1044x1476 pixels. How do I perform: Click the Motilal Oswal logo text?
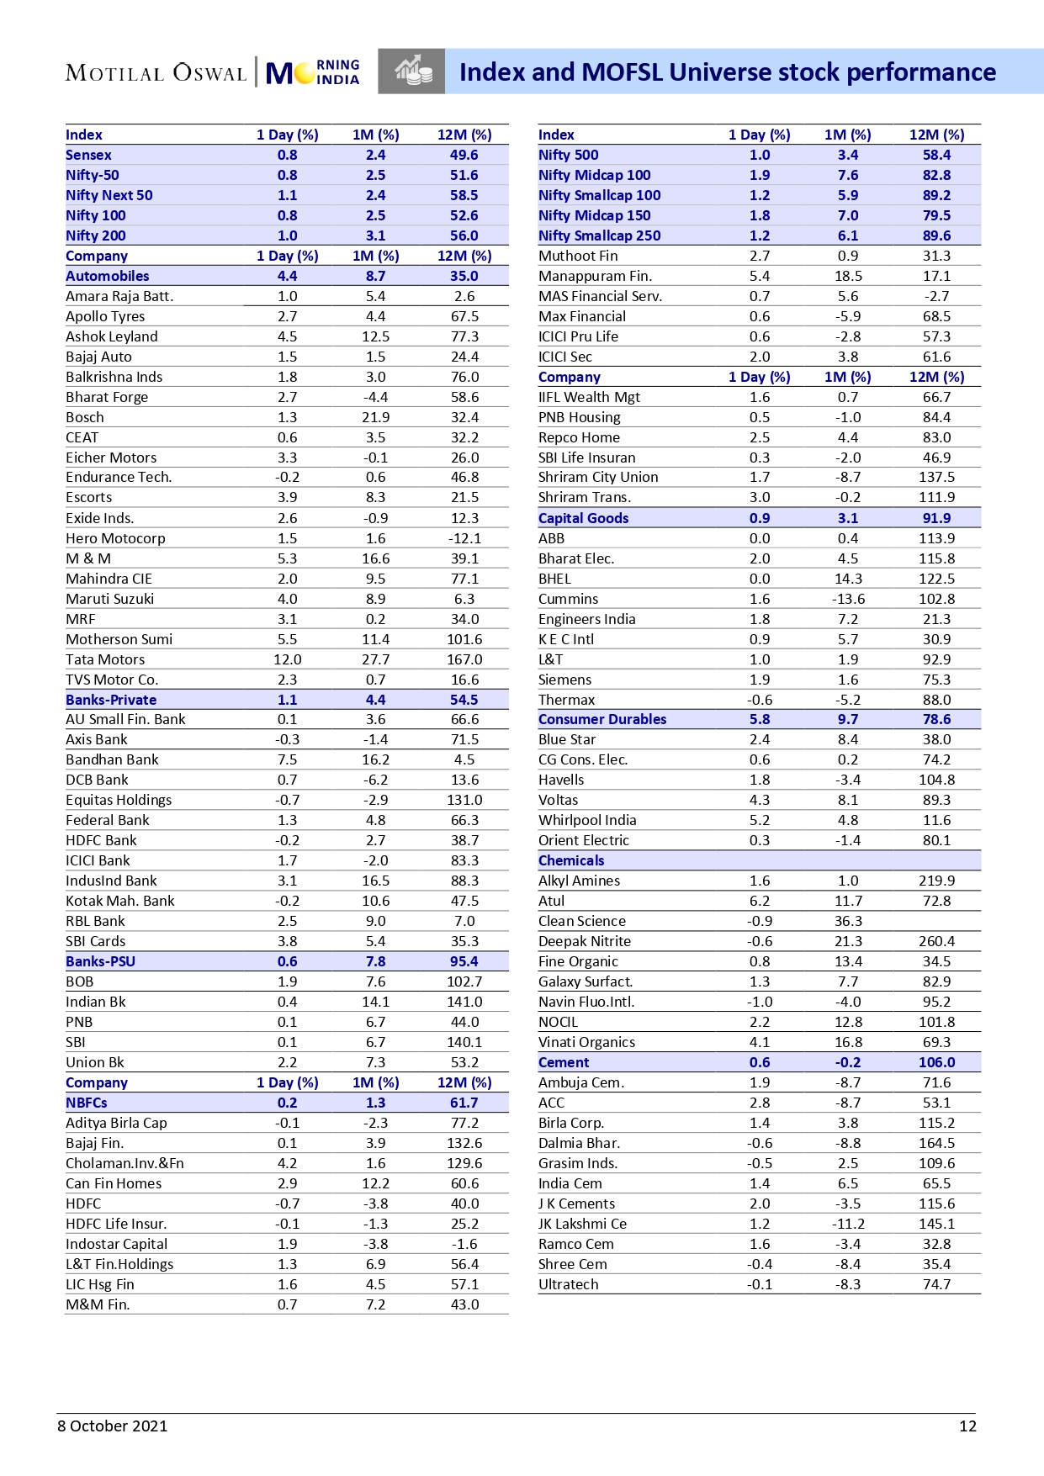pos(156,73)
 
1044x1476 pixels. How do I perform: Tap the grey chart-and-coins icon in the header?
pos(411,71)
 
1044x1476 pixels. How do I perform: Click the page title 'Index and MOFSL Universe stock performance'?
pos(727,72)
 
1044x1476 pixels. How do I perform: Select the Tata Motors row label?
pos(105,659)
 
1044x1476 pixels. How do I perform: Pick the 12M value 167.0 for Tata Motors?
pos(464,659)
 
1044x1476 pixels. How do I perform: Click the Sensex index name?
pos(88,155)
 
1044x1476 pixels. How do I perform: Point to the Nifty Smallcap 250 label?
pos(599,235)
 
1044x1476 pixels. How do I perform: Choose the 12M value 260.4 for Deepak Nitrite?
pos(936,941)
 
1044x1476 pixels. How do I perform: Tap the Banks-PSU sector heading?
pos(100,961)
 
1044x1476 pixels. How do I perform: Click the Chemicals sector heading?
pos(571,860)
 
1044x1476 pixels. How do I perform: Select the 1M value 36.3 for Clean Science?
pos(848,921)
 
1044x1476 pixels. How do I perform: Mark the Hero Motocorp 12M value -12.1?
pos(464,538)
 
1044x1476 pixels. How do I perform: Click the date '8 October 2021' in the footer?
pos(113,1426)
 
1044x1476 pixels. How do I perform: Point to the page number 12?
pos(967,1426)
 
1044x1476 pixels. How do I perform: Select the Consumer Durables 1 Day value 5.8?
pos(760,719)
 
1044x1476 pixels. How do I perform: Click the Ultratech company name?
pos(569,1284)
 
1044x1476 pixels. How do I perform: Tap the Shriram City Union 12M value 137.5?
pos(936,477)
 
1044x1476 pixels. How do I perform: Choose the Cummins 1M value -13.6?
pos(848,599)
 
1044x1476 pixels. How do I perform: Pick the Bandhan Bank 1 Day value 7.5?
pos(288,759)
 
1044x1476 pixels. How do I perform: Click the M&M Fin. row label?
pos(98,1304)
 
